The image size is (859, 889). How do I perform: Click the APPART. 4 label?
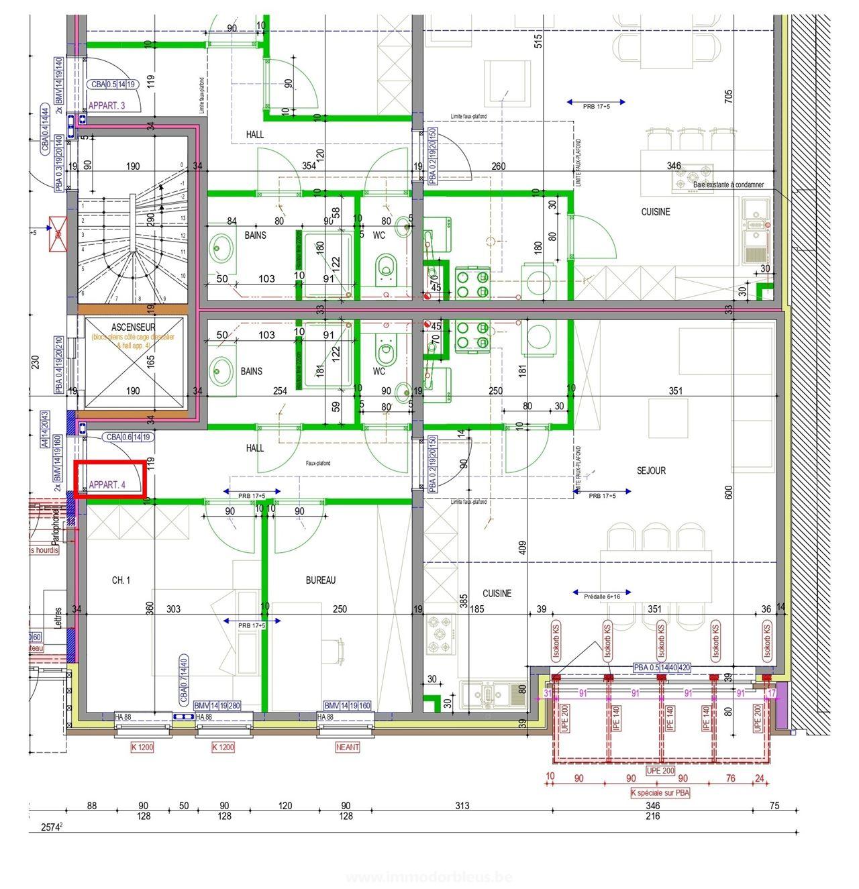107,484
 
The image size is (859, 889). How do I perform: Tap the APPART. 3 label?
107,105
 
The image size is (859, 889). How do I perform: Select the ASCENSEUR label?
134,327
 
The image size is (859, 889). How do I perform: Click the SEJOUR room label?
651,470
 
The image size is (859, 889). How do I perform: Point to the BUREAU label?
321,580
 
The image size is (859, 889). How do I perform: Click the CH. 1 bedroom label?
121,580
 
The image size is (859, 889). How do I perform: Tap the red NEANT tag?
348,747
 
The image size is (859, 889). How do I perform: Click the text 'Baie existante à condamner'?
728,185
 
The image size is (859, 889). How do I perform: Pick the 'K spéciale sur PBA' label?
660,792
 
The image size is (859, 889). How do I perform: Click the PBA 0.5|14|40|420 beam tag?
662,668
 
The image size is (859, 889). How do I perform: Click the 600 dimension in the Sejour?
729,492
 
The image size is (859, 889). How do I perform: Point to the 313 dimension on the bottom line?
462,805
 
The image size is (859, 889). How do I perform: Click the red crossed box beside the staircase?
58,233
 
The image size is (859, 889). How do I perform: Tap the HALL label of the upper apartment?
255,134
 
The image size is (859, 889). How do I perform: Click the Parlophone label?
56,527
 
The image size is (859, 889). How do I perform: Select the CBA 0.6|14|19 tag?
128,437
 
